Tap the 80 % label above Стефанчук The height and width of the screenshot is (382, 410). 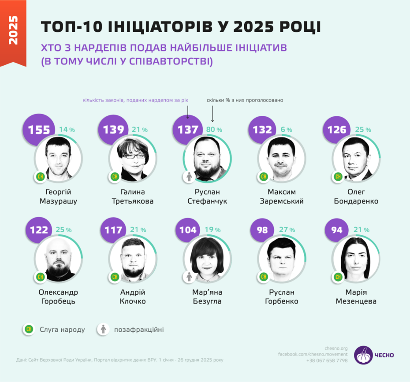click(214, 130)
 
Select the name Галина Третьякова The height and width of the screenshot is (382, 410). click(133, 197)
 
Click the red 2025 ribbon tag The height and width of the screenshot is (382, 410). click(13, 31)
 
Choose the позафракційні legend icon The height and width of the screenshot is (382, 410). click(103, 329)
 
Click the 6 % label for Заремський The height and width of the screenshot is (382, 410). click(286, 130)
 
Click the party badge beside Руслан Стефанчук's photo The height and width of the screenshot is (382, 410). click(189, 177)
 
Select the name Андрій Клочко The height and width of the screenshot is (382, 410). click(133, 297)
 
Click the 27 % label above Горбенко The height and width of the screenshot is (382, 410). click(288, 230)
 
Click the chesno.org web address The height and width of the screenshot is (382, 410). click(335, 347)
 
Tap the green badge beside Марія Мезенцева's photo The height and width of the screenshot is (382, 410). click(338, 277)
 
